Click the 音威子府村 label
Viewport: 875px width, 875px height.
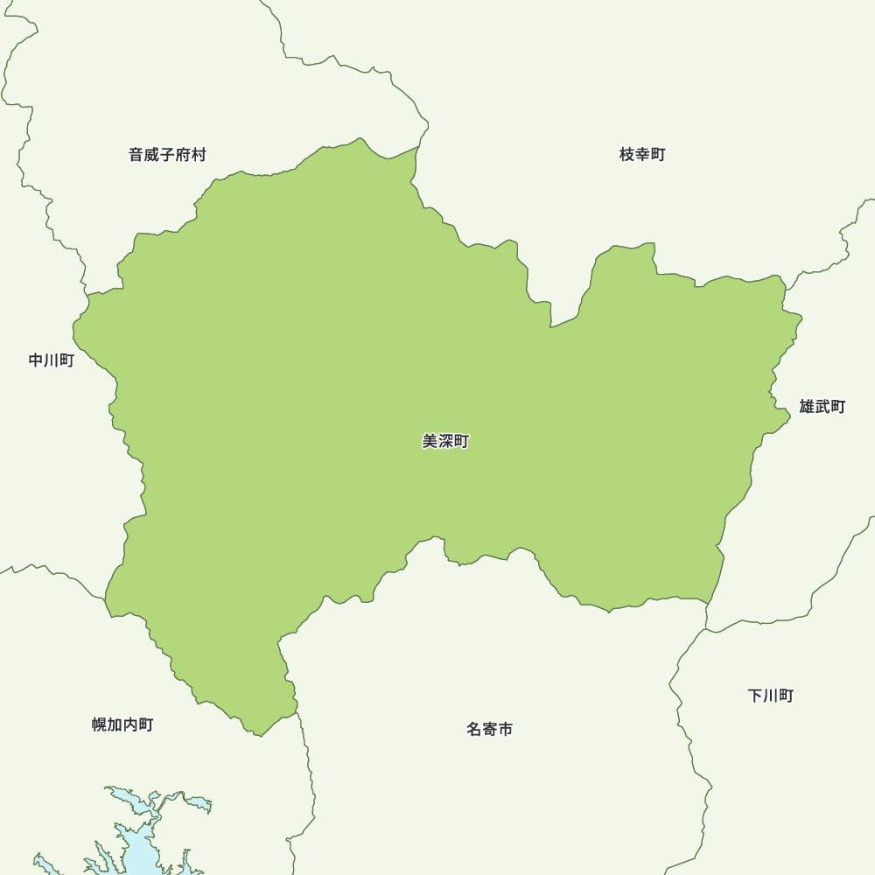[167, 155]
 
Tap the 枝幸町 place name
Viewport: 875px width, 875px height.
[642, 155]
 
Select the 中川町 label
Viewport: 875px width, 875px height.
[52, 360]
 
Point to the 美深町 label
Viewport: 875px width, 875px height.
[445, 442]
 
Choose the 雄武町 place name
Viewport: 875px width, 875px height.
[822, 407]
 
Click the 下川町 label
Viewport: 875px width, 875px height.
[770, 696]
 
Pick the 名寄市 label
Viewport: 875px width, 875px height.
[489, 729]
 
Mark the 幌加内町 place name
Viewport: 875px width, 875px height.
[122, 724]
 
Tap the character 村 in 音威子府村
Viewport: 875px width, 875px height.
[199, 155]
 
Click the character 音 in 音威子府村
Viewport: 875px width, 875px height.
[136, 155]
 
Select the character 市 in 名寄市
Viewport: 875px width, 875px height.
[505, 729]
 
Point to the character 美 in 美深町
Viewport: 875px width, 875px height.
[430, 442]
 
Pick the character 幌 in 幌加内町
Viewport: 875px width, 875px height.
[100, 724]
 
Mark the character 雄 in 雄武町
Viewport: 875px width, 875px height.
[806, 407]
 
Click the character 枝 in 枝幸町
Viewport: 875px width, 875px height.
[626, 155]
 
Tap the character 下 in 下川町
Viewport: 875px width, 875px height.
[754, 696]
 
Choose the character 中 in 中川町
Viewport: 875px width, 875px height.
[36, 360]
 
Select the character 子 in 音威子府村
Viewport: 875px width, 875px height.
[167, 155]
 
